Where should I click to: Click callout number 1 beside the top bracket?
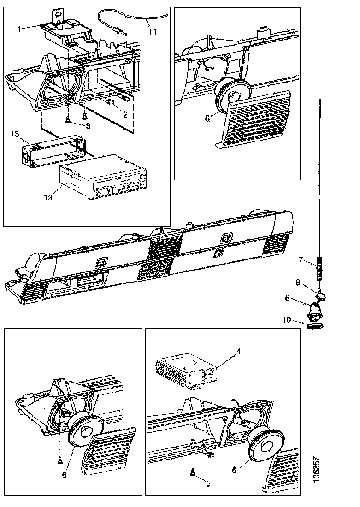19,29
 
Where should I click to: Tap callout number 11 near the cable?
153,31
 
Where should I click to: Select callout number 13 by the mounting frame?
15,134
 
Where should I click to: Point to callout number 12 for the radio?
48,198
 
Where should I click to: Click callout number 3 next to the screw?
88,126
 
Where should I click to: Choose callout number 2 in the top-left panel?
125,114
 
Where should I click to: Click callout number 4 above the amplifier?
239,350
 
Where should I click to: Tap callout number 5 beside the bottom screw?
208,483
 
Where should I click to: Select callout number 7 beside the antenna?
301,259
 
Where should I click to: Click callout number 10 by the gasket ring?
287,320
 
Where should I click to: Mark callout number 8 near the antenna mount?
288,297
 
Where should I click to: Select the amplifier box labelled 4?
187,371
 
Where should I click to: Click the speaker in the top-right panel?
232,94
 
